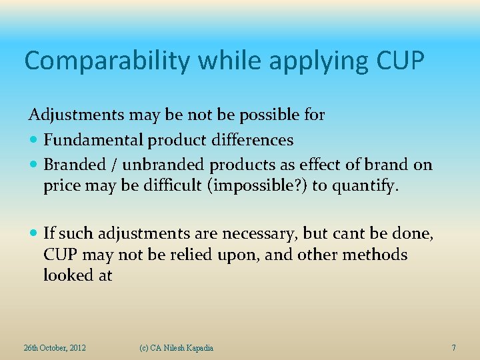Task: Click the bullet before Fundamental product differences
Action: pos(34,141)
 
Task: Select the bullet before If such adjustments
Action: pos(34,233)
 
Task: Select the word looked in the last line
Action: pos(67,275)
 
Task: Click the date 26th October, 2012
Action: pos(54,348)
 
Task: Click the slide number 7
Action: pos(453,348)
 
